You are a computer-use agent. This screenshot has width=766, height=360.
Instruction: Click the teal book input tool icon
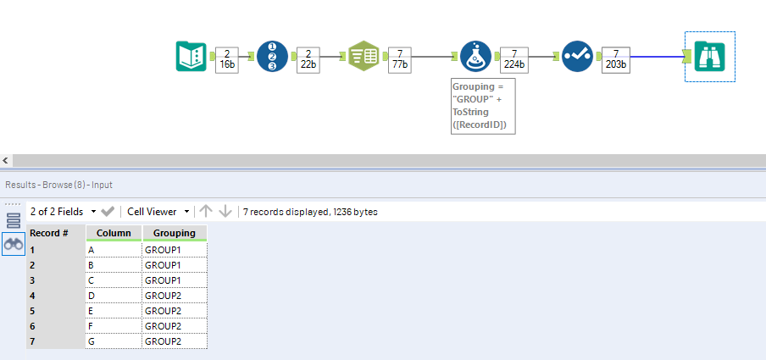pos(191,57)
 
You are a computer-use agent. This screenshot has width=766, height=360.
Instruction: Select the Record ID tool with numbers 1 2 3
pos(272,57)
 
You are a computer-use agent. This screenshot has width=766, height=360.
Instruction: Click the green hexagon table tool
pos(364,57)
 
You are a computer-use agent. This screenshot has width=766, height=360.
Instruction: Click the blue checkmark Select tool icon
pos(577,57)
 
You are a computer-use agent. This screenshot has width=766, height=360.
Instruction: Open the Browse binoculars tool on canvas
pos(709,57)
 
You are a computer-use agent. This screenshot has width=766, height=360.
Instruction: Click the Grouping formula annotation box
pos(481,106)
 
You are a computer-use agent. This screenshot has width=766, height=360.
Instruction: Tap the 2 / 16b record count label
pos(226,58)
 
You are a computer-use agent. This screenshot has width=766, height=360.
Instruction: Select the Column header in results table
pos(114,233)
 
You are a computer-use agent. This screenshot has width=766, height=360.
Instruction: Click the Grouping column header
pos(175,233)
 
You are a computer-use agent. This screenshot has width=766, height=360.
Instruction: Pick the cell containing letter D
pos(114,296)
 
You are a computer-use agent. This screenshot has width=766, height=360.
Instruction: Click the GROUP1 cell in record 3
pos(175,280)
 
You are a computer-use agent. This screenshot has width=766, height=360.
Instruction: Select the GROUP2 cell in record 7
pos(175,341)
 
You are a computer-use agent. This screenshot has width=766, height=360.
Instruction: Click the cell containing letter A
pos(114,250)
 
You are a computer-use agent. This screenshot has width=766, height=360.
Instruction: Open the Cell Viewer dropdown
pos(158,211)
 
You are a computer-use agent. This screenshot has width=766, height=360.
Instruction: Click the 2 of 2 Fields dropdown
pos(61,211)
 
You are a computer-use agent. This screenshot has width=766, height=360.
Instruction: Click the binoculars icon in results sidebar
pos(14,244)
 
